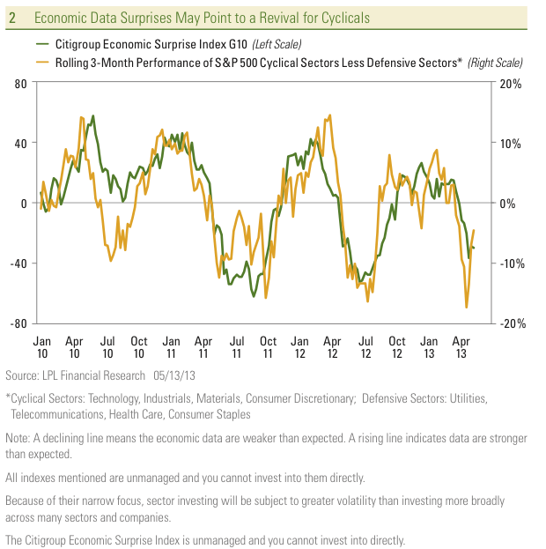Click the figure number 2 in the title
(x=12, y=18)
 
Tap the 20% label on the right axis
(x=511, y=84)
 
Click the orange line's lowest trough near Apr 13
(x=466, y=308)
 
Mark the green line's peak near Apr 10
(x=92, y=115)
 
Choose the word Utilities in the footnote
(x=466, y=399)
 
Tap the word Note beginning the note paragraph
(x=18, y=438)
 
